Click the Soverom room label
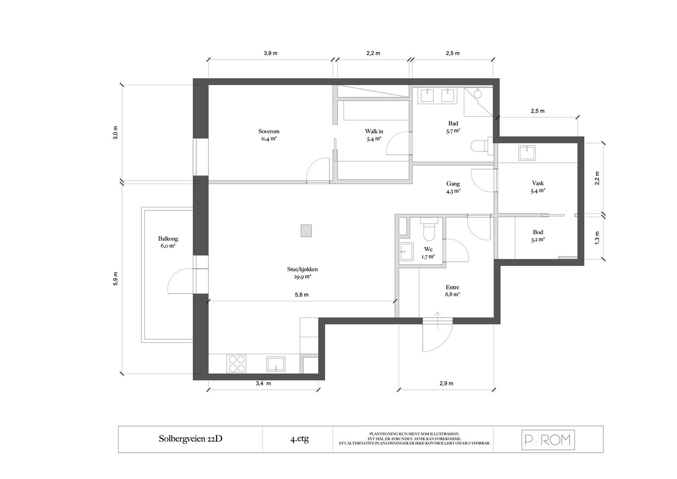point(269,132)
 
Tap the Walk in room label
point(374,132)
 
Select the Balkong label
point(168,239)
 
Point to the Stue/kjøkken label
point(302,269)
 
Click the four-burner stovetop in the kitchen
point(237,363)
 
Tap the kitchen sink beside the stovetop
point(275,364)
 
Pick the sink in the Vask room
point(527,153)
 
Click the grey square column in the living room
point(306,231)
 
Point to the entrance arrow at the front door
point(438,321)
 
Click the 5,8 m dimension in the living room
point(302,295)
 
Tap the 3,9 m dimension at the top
point(270,53)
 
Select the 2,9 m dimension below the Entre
point(446,383)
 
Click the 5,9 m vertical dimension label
point(116,278)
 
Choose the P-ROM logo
point(548,440)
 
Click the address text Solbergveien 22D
point(190,439)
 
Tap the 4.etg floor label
point(300,439)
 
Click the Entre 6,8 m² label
point(452,291)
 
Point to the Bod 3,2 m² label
point(538,236)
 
